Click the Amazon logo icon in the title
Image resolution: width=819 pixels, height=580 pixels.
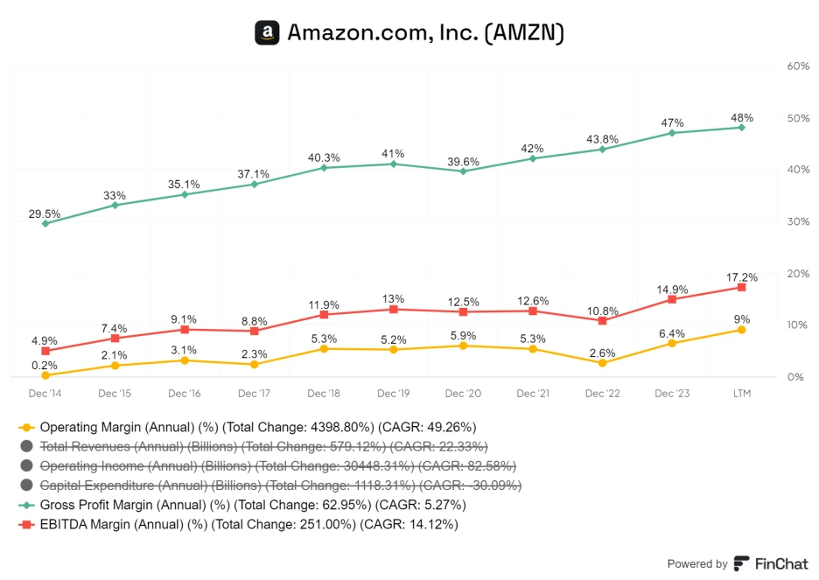tap(267, 33)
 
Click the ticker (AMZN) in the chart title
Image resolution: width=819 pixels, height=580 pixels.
tap(524, 33)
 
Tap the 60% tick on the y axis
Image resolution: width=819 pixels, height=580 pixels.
tap(797, 66)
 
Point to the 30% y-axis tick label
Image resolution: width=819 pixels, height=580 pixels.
tap(797, 221)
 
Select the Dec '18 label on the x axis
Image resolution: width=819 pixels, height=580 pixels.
tap(324, 394)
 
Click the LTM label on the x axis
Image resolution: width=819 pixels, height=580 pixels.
tap(741, 394)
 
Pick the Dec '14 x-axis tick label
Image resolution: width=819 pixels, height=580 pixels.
tap(45, 394)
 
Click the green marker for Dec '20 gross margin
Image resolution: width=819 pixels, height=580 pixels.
tap(463, 171)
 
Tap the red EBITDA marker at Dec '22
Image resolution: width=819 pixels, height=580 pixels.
tap(602, 321)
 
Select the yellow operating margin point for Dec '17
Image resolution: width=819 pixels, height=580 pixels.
tap(254, 364)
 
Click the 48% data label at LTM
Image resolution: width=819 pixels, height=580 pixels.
tap(741, 117)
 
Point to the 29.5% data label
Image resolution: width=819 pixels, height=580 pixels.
tap(45, 213)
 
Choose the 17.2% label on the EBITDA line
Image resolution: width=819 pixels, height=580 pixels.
tap(741, 276)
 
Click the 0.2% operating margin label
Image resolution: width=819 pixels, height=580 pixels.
tap(45, 365)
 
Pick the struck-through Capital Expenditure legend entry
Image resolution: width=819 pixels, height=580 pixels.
tap(280, 486)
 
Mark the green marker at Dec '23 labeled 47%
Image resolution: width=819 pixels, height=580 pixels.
tap(672, 133)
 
